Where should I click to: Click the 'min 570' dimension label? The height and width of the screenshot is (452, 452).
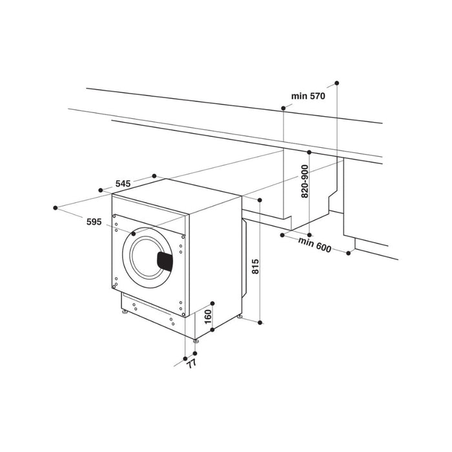pos(307,96)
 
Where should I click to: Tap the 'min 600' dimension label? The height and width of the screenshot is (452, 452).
pos(314,245)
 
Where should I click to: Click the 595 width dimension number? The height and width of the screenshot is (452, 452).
pos(94,221)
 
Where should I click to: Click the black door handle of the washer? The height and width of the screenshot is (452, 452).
pos(167,260)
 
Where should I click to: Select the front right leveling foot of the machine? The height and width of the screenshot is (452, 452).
pos(196,339)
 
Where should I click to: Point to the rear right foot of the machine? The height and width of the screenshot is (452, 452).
pos(240,317)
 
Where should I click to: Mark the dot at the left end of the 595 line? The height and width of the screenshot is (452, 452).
pos(56,208)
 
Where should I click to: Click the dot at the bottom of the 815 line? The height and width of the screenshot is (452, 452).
pos(260,321)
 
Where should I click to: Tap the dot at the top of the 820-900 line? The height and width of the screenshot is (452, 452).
pos(309,152)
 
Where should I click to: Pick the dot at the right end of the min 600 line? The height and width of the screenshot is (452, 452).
pos(349,252)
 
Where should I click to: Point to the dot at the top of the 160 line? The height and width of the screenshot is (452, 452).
pos(213,303)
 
